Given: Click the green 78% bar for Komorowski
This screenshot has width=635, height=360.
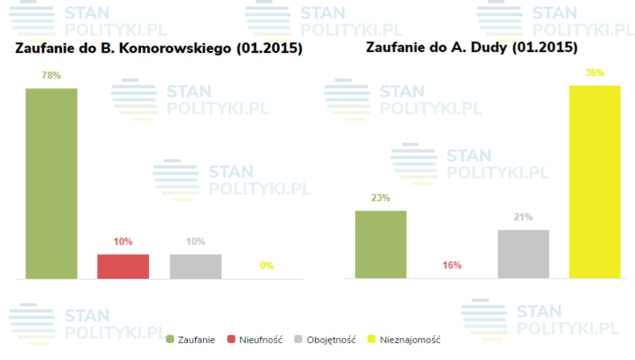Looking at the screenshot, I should point(51,183).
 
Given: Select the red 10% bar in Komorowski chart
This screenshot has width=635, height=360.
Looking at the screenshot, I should point(123,266).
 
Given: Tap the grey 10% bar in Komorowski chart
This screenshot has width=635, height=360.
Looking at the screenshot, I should point(195,266).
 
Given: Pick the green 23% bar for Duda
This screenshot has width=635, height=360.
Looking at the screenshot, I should point(380,244).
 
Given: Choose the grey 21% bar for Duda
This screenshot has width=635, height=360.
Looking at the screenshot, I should point(523,254).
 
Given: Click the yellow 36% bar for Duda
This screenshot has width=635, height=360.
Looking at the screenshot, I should point(595,182).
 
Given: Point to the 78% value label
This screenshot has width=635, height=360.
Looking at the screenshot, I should point(51,76).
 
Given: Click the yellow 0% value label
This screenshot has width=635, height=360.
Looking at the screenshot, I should point(267,266).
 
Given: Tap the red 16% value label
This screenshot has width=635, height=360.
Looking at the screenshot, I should point(452,265).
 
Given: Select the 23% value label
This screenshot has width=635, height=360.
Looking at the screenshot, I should point(380,198).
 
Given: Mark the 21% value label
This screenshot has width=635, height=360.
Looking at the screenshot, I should point(523,217).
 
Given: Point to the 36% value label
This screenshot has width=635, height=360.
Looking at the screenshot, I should point(595,73).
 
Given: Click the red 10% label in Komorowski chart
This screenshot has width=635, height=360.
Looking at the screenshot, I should point(123,242).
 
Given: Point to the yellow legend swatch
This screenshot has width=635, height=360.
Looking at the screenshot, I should point(371,340).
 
